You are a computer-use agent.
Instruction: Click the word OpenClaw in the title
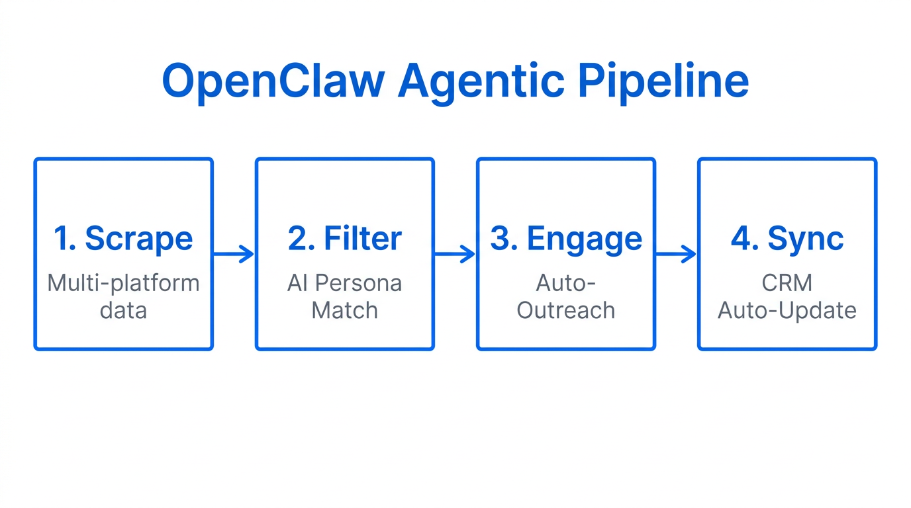coord(273,81)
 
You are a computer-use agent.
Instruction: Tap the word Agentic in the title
coord(481,81)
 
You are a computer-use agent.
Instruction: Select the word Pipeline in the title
coord(663,81)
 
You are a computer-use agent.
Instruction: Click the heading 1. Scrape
coord(123,239)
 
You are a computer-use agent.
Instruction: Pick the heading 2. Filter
coord(344,239)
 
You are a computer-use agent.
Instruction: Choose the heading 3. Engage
coord(566,239)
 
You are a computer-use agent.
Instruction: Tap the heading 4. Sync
coord(787,239)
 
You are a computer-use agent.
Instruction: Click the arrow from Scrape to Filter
coord(234,254)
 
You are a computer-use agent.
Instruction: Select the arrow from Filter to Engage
coord(455,254)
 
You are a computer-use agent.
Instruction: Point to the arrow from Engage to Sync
coord(676,254)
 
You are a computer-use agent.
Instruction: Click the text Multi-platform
coord(123,283)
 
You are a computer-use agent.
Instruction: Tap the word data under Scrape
coord(123,310)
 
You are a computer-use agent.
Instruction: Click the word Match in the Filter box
coord(344,310)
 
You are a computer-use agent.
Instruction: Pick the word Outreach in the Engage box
coord(566,310)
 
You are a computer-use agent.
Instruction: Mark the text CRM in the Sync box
coord(787,283)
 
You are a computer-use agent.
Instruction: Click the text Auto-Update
coord(787,310)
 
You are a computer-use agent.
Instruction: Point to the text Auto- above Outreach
coord(566,283)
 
